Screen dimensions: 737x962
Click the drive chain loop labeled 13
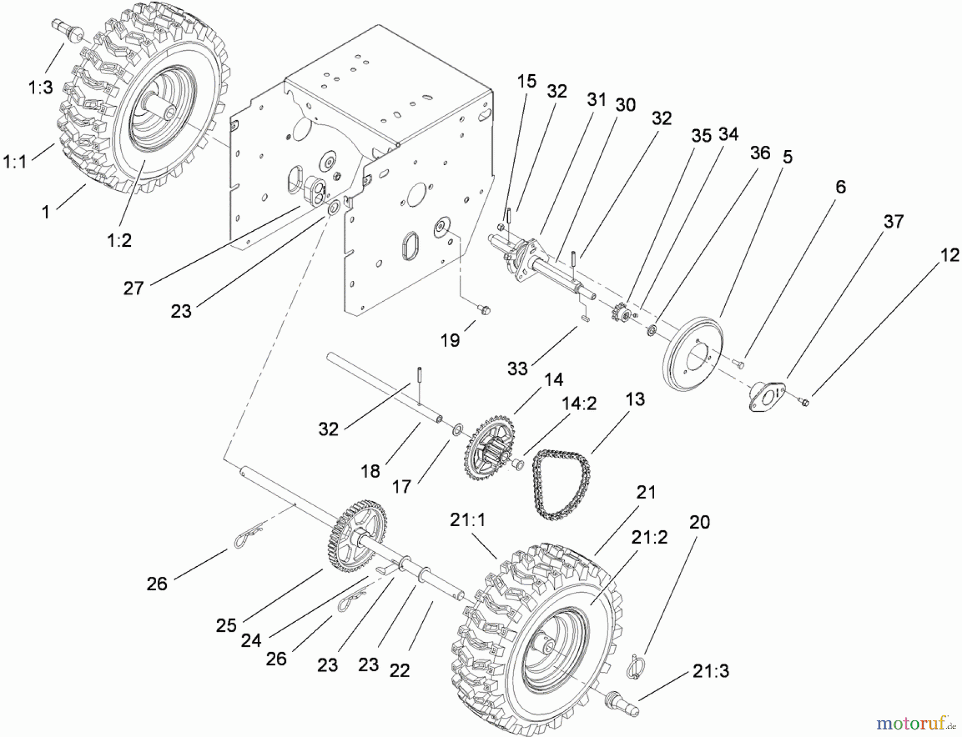561,483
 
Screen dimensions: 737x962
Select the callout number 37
893,221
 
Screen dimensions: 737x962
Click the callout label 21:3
710,671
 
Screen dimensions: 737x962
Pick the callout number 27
134,288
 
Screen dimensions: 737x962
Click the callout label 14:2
579,403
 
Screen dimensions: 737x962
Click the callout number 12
950,255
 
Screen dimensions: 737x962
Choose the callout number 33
517,368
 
